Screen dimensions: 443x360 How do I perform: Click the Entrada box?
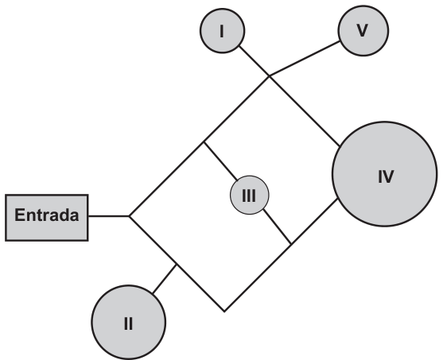pyautogui.click(x=47, y=218)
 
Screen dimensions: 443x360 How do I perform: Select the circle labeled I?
pyautogui.click(x=223, y=31)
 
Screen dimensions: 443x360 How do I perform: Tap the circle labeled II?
pyautogui.click(x=129, y=322)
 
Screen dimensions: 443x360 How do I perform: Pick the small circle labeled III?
pyautogui.click(x=250, y=195)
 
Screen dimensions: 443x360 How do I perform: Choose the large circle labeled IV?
pyautogui.click(x=384, y=174)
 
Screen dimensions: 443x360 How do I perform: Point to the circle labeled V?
pyautogui.click(x=363, y=31)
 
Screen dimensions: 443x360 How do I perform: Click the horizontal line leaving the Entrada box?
pyautogui.click(x=109, y=216)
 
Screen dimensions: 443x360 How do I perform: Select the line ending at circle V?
pyautogui.click(x=305, y=59)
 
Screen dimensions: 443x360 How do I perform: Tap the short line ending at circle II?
pyautogui.click(x=165, y=279)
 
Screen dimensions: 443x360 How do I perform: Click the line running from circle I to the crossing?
pyautogui.click(x=255, y=60)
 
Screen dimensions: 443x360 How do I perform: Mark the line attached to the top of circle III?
pyautogui.click(x=220, y=161)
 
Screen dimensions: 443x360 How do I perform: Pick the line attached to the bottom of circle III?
pyautogui.click(x=277, y=226)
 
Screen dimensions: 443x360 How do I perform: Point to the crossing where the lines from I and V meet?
pyautogui.click(x=270, y=76)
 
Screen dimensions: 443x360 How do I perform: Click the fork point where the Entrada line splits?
pyautogui.click(x=130, y=216)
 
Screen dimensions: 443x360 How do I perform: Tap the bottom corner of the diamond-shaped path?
pyautogui.click(x=224, y=312)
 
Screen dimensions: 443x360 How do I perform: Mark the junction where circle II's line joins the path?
pyautogui.click(x=177, y=265)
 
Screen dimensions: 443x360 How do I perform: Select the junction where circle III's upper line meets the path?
pyautogui.click(x=204, y=141)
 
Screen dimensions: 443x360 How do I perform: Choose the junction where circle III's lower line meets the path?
pyautogui.click(x=291, y=244)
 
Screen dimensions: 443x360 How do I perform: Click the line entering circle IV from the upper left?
pyautogui.click(x=305, y=111)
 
